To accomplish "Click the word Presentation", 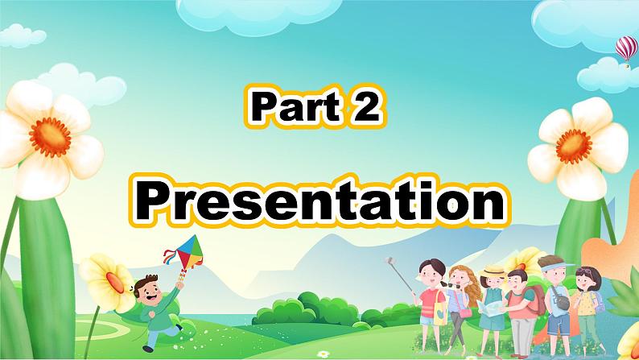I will pos(319,197).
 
